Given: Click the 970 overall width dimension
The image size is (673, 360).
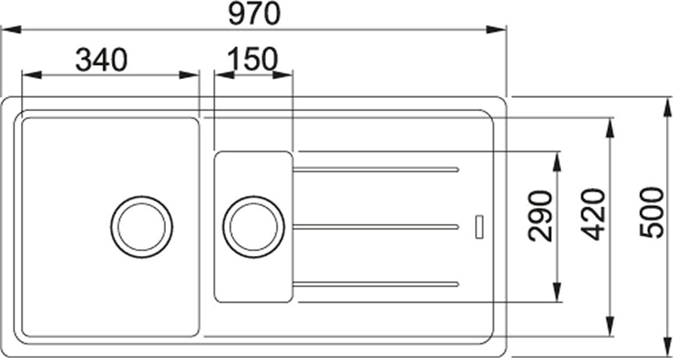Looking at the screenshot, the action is tap(254, 13).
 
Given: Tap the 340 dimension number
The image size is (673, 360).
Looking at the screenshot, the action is tap(101, 59).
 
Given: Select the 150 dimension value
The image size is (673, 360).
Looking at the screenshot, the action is tap(253, 59).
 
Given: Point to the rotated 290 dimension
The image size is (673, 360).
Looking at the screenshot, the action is tap(541, 216).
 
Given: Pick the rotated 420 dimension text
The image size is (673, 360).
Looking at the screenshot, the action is tap(594, 214).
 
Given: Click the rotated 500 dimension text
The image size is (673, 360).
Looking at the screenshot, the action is tap(652, 212).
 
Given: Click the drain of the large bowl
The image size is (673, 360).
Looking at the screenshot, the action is tap(142, 227).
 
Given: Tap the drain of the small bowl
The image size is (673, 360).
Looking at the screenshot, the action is tap(254, 227).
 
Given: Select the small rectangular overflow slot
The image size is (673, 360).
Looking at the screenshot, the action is tap(480, 226).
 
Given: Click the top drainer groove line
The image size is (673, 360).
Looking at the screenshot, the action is tap(376, 170).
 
